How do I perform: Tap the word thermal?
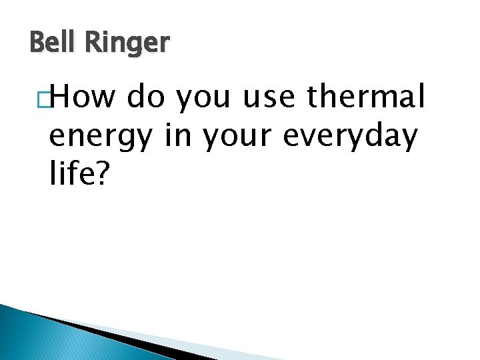click(366, 98)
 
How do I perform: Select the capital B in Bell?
click(37, 43)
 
